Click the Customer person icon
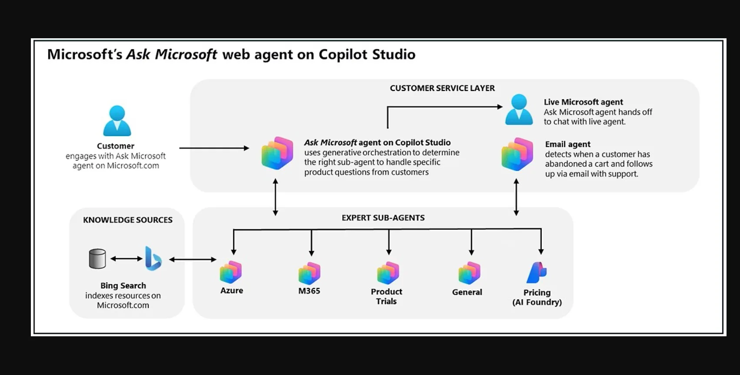(117, 121)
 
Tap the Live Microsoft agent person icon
(519, 110)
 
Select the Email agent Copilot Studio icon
(517, 154)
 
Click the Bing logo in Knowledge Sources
(153, 258)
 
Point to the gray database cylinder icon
(97, 259)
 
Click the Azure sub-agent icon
(231, 272)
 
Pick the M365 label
(309, 291)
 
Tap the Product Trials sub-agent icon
(388, 273)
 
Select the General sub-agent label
(467, 292)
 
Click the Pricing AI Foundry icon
(537, 272)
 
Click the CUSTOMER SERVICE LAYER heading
(442, 88)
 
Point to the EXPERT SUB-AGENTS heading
(383, 218)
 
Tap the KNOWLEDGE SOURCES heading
(128, 220)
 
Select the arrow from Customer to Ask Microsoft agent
(214, 148)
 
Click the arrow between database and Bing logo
(126, 259)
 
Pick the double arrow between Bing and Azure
(193, 259)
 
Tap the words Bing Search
(123, 285)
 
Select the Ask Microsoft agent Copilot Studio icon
(277, 153)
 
